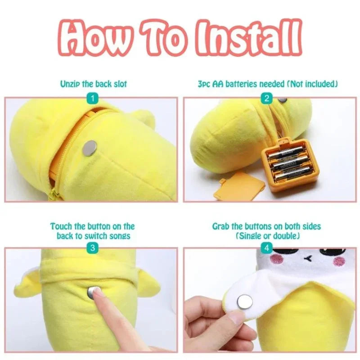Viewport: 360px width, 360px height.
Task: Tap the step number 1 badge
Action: pyautogui.click(x=93, y=99)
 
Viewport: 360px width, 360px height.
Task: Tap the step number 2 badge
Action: pyautogui.click(x=266, y=99)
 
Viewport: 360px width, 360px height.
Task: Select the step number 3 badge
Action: pyautogui.click(x=93, y=248)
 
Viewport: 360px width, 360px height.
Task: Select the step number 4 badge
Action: pyautogui.click(x=266, y=248)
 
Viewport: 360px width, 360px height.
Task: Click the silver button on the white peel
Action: pyautogui.click(x=245, y=301)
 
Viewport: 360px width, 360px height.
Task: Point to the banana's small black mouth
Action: pyautogui.click(x=307, y=259)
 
